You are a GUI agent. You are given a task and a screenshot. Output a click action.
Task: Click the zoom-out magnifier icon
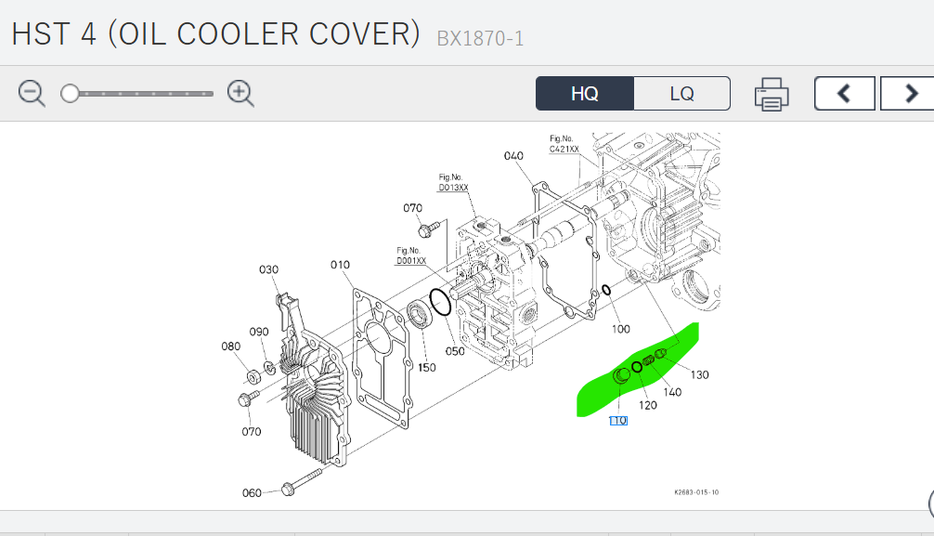click(x=32, y=93)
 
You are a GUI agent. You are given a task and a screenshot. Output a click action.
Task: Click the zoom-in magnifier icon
click(x=240, y=93)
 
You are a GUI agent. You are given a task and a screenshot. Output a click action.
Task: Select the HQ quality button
click(x=585, y=94)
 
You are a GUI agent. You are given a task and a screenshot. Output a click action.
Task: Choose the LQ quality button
click(x=682, y=94)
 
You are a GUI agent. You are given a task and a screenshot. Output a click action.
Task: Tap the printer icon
click(x=772, y=94)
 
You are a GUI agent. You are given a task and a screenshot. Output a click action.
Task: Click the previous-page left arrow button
click(x=845, y=94)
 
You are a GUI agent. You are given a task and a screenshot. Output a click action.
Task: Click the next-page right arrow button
click(x=910, y=94)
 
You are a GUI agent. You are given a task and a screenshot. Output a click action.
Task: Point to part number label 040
click(x=513, y=155)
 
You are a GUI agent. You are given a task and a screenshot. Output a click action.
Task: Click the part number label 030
click(x=268, y=269)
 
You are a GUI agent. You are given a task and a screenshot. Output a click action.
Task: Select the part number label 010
click(x=340, y=265)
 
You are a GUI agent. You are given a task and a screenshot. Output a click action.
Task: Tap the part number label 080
click(x=230, y=346)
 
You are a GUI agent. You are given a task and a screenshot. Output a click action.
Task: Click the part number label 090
click(x=259, y=332)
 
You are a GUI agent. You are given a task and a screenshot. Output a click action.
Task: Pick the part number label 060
click(x=252, y=492)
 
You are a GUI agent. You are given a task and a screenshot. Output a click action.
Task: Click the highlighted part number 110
click(x=618, y=421)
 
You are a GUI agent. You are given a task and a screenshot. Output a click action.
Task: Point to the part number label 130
click(x=699, y=374)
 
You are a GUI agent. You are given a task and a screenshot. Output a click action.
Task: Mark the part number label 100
click(x=621, y=329)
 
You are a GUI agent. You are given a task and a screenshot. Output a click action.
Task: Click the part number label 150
click(x=426, y=368)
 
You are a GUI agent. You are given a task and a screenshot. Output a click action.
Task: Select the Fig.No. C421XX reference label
click(x=564, y=144)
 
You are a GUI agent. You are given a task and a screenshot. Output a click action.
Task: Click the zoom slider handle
click(x=70, y=93)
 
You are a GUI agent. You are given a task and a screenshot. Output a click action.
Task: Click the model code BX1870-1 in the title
click(x=480, y=39)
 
